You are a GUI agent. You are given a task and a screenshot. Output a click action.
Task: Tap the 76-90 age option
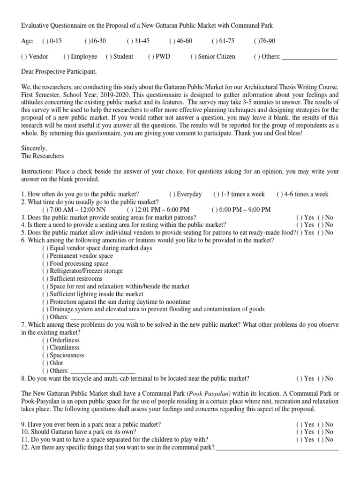click(256, 41)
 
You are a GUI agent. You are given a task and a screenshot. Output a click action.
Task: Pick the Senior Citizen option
click(193, 57)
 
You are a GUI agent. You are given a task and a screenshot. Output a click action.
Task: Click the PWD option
click(150, 57)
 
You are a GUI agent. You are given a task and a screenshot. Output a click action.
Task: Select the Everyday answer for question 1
click(172, 195)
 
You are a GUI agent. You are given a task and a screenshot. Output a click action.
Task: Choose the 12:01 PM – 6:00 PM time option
click(129, 210)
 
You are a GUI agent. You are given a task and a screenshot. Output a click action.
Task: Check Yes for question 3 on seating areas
click(299, 217)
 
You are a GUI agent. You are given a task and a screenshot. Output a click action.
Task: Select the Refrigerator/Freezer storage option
click(45, 271)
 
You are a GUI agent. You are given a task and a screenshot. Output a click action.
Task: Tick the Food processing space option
click(45, 263)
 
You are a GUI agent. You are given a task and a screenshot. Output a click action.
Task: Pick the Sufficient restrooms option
click(45, 278)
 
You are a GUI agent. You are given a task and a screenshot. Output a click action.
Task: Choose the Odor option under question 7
click(45, 363)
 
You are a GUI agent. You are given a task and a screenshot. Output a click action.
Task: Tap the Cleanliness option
click(45, 348)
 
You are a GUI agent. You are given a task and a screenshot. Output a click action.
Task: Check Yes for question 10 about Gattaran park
click(299, 432)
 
